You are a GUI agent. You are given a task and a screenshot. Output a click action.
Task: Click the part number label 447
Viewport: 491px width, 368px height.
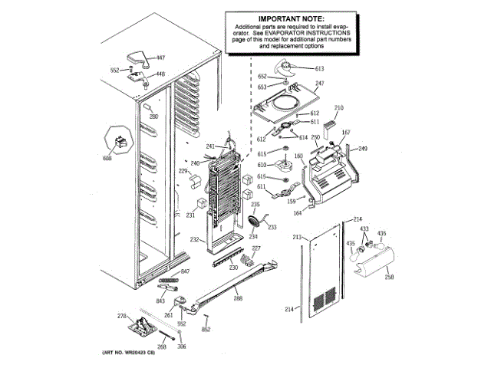click(160, 58)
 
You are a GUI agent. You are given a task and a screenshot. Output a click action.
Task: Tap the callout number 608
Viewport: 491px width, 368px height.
click(107, 159)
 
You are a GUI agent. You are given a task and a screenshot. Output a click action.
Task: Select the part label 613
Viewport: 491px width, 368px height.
click(320, 68)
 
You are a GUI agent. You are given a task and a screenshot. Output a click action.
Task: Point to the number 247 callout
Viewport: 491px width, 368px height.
click(320, 84)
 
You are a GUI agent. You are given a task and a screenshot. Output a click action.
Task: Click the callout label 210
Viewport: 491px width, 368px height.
click(339, 108)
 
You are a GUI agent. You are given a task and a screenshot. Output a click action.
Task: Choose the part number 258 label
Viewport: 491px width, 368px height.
click(389, 277)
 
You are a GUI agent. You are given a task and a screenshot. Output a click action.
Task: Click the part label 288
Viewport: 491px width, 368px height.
click(238, 298)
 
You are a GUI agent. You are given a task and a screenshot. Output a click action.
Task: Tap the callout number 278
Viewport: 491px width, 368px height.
click(121, 316)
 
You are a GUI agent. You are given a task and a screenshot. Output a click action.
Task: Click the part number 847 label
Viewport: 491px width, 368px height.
click(185, 272)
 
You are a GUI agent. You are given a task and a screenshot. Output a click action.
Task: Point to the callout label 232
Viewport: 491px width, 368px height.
click(195, 240)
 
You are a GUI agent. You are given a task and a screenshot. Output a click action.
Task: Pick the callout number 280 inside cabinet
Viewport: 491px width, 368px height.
click(153, 117)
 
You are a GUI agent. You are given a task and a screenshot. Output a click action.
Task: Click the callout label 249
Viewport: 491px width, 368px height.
click(363, 148)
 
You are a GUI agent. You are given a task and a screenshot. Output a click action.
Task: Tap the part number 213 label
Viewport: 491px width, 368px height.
click(298, 238)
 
